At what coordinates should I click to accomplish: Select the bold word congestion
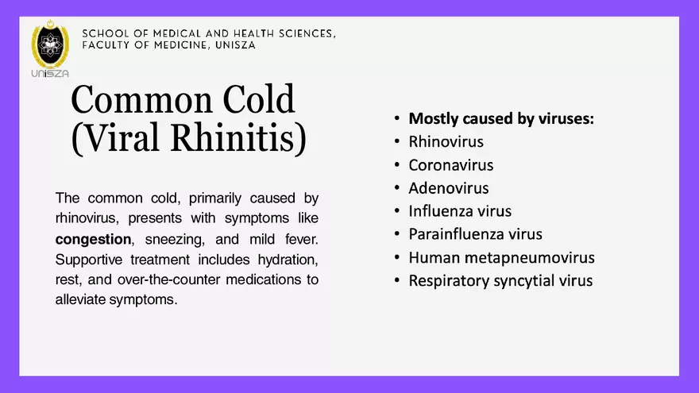93,239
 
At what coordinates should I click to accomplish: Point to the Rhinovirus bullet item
446,142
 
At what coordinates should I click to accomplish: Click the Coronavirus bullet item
450,165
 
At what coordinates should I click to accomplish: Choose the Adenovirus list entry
448,188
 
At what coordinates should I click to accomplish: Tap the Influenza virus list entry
459,211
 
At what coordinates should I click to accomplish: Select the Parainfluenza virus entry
475,234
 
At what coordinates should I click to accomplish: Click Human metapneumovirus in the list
501,257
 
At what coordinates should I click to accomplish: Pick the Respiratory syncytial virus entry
500,280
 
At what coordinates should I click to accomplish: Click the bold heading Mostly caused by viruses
501,119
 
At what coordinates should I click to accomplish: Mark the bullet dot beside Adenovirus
396,189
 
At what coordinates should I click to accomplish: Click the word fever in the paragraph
302,239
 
